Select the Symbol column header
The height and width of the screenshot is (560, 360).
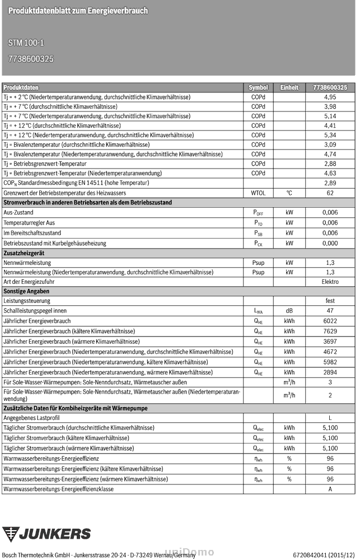pos(258,88)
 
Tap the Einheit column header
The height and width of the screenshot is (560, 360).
pos(289,88)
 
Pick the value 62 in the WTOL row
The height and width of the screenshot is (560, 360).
pos(330,193)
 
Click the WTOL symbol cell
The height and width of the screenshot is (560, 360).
pos(258,193)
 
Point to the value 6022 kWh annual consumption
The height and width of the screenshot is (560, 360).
pos(330,321)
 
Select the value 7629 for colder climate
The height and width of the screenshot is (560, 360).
pos(330,331)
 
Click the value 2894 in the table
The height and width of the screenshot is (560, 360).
pos(330,372)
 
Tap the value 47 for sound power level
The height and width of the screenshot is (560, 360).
pos(330,310)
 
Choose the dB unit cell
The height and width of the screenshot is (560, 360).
pos(289,310)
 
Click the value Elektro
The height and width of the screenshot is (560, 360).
pos(330,282)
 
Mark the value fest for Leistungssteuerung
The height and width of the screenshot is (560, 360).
pos(330,301)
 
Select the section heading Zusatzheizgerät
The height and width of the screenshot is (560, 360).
pos(24,253)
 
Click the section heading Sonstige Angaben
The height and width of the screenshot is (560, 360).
pos(26,291)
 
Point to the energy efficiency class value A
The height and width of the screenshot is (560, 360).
pos(330,489)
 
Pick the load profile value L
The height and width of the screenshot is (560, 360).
pos(330,418)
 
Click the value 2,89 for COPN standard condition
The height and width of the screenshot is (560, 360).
pos(330,183)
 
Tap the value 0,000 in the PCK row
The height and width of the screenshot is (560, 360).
pos(330,243)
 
